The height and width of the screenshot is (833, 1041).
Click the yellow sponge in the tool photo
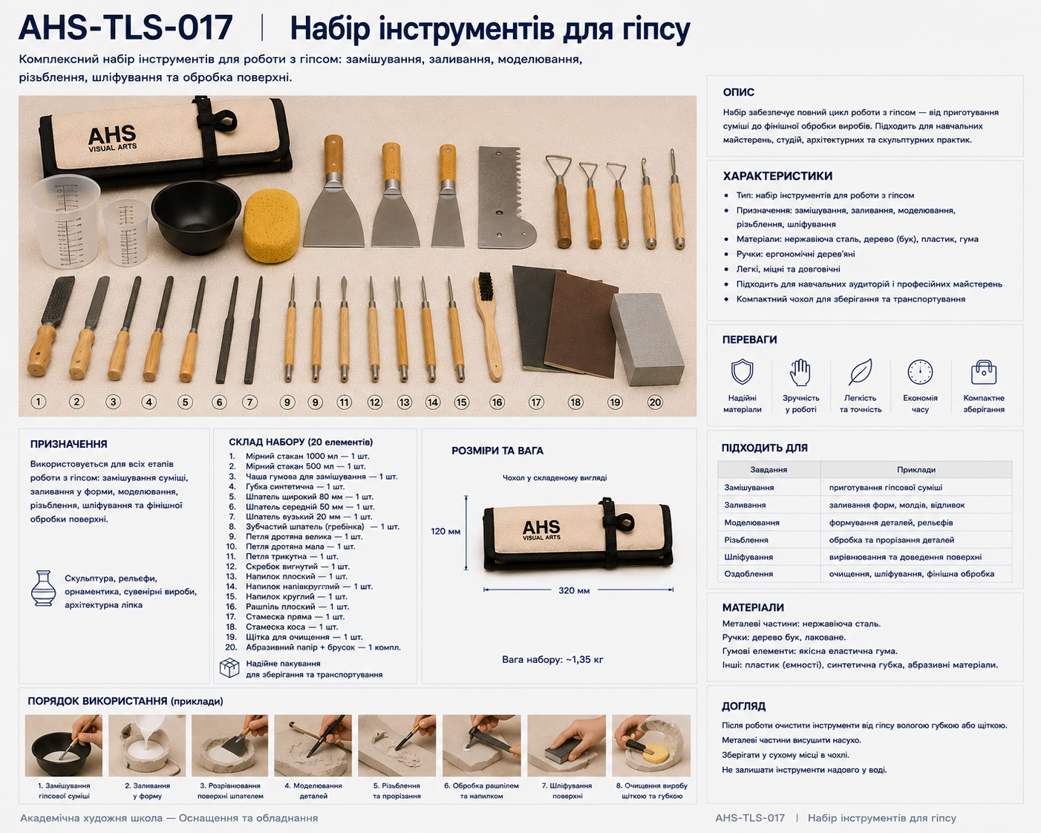coord(271,225)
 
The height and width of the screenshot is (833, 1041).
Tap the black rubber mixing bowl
coord(196,217)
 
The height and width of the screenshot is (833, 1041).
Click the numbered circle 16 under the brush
coord(497,402)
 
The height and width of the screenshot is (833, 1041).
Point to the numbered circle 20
coord(655,402)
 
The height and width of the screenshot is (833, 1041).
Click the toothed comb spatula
coord(506,197)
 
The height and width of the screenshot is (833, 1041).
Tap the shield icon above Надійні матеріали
coord(742,372)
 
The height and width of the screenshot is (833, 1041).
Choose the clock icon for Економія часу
coord(920,372)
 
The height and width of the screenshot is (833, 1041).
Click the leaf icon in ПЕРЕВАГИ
coord(861,372)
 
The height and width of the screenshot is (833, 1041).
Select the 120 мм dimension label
coord(446,531)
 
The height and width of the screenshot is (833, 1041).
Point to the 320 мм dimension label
coord(574,590)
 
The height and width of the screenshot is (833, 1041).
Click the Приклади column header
coord(916,469)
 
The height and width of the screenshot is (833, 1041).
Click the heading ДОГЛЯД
coord(743,706)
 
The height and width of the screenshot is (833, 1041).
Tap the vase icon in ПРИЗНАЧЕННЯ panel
coord(43,588)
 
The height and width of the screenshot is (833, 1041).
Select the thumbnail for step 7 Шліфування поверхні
coord(567,745)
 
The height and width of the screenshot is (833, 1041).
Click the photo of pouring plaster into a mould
coord(147,745)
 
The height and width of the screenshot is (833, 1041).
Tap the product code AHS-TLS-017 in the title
coord(125,27)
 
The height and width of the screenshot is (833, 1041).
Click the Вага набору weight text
coord(552,659)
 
